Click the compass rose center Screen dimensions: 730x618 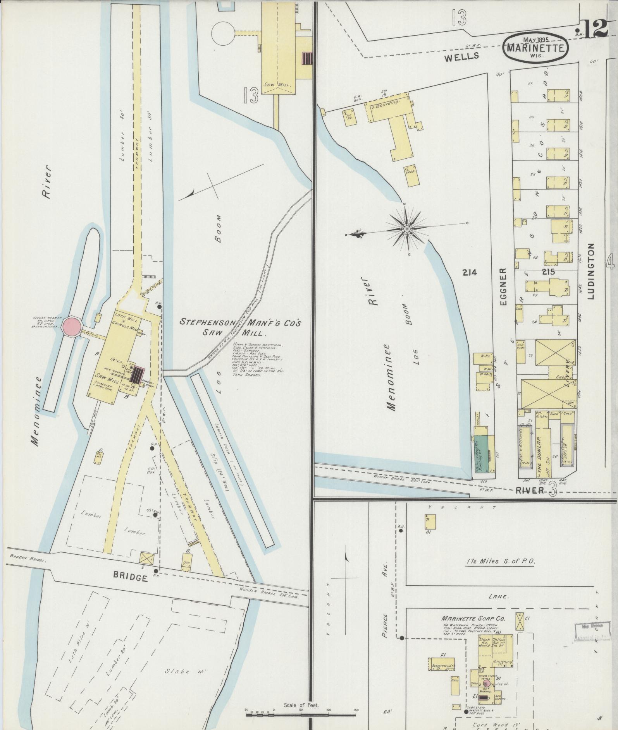407,230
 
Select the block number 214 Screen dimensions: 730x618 469,272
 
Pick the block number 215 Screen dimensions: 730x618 548,272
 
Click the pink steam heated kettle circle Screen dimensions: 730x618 486,684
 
